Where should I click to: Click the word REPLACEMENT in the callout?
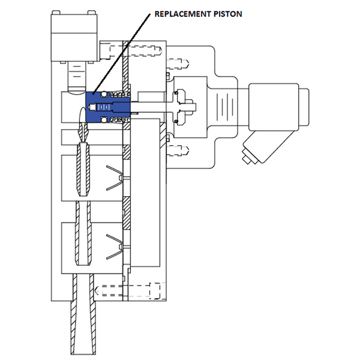pos(183,14)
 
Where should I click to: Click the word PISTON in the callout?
pos(228,14)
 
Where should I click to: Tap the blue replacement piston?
pos(108,107)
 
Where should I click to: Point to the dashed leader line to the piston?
pos(121,54)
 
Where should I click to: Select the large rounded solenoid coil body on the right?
pos(274,107)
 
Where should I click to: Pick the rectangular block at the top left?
pos(74,36)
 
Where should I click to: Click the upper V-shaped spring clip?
pos(115,178)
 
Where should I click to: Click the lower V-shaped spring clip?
pos(115,247)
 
